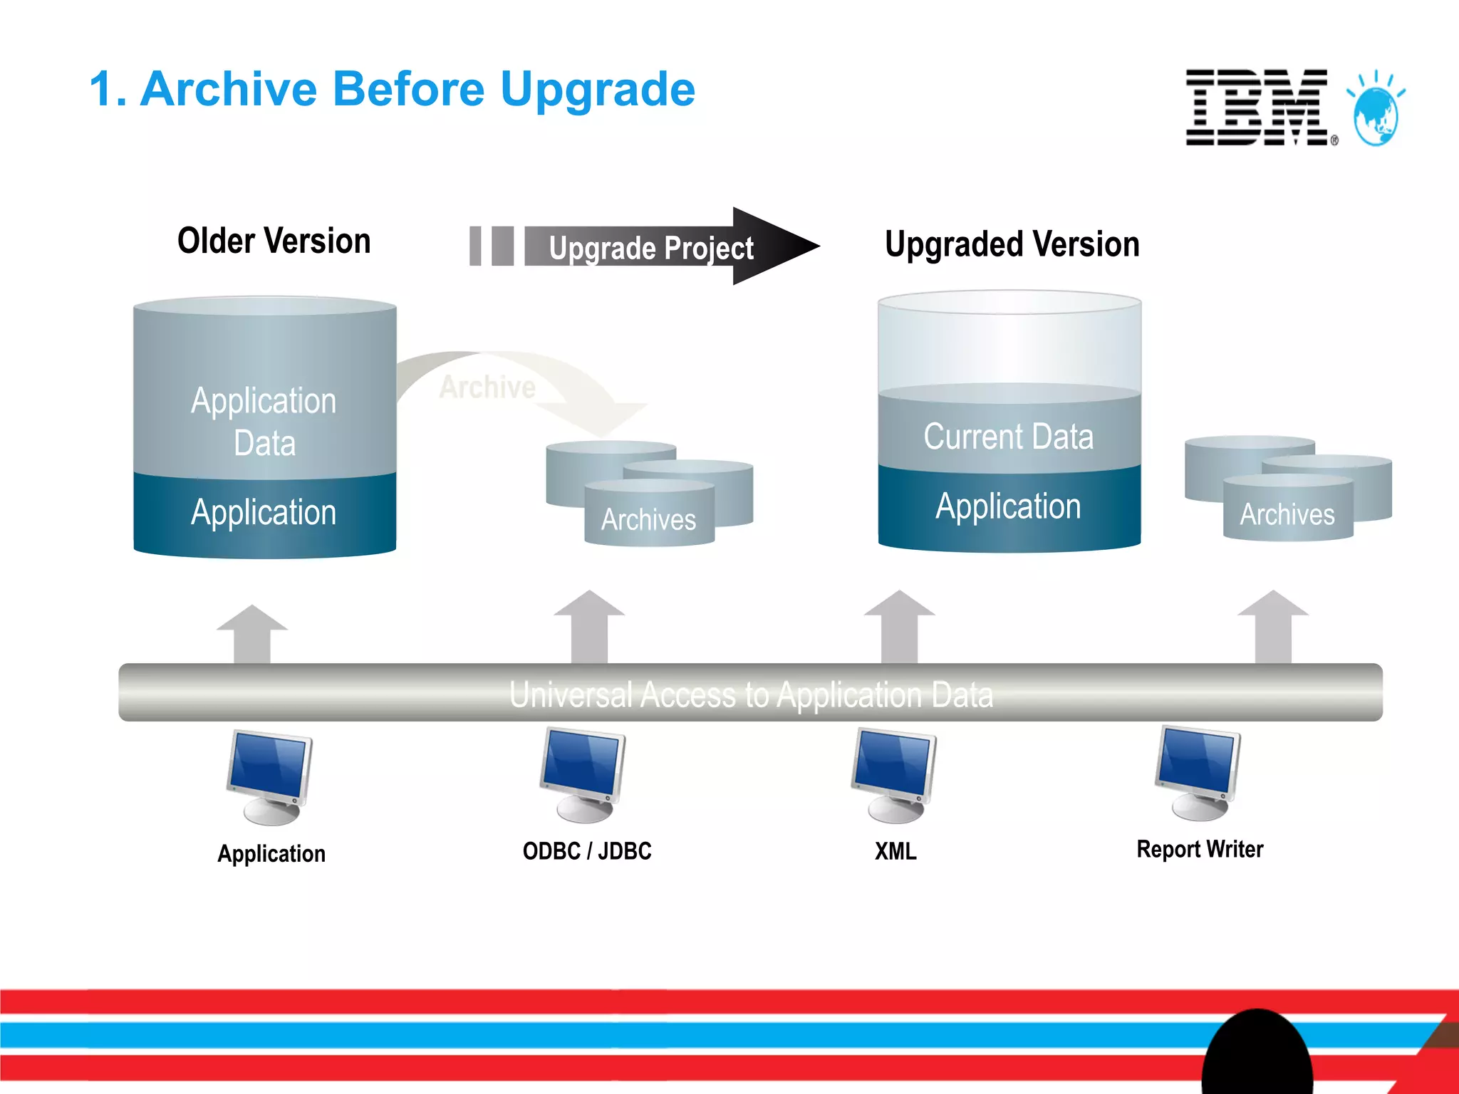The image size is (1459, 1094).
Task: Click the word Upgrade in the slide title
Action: tap(597, 90)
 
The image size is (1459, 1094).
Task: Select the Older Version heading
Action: tap(274, 241)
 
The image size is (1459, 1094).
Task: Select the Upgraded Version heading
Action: tap(1012, 244)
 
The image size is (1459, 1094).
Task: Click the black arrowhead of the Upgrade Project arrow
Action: tap(773, 246)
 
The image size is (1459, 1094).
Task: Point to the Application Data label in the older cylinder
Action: tap(264, 422)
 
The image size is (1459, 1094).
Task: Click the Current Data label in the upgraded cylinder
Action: tap(1008, 436)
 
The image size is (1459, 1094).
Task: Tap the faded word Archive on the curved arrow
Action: tap(487, 387)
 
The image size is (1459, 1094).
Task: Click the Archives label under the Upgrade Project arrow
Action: tap(648, 519)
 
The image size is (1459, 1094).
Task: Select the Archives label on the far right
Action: tap(1287, 514)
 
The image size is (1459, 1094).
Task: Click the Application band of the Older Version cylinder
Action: tap(264, 513)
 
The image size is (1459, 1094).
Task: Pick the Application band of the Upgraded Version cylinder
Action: tap(1008, 506)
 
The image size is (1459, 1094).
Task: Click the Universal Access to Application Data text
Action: tap(751, 694)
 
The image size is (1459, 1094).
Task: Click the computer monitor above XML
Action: tap(895, 773)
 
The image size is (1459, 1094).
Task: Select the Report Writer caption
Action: tap(1200, 849)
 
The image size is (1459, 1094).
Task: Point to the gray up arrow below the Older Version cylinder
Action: tap(252, 634)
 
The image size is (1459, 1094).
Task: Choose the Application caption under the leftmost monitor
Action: tap(271, 853)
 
